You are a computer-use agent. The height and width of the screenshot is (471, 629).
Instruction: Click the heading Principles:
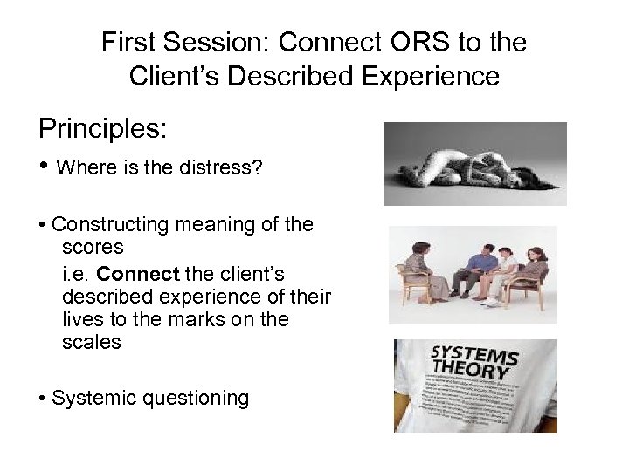coord(102,128)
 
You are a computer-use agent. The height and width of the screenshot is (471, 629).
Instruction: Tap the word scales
coord(92,343)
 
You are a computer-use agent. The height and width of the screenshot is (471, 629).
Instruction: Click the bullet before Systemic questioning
coord(43,399)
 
